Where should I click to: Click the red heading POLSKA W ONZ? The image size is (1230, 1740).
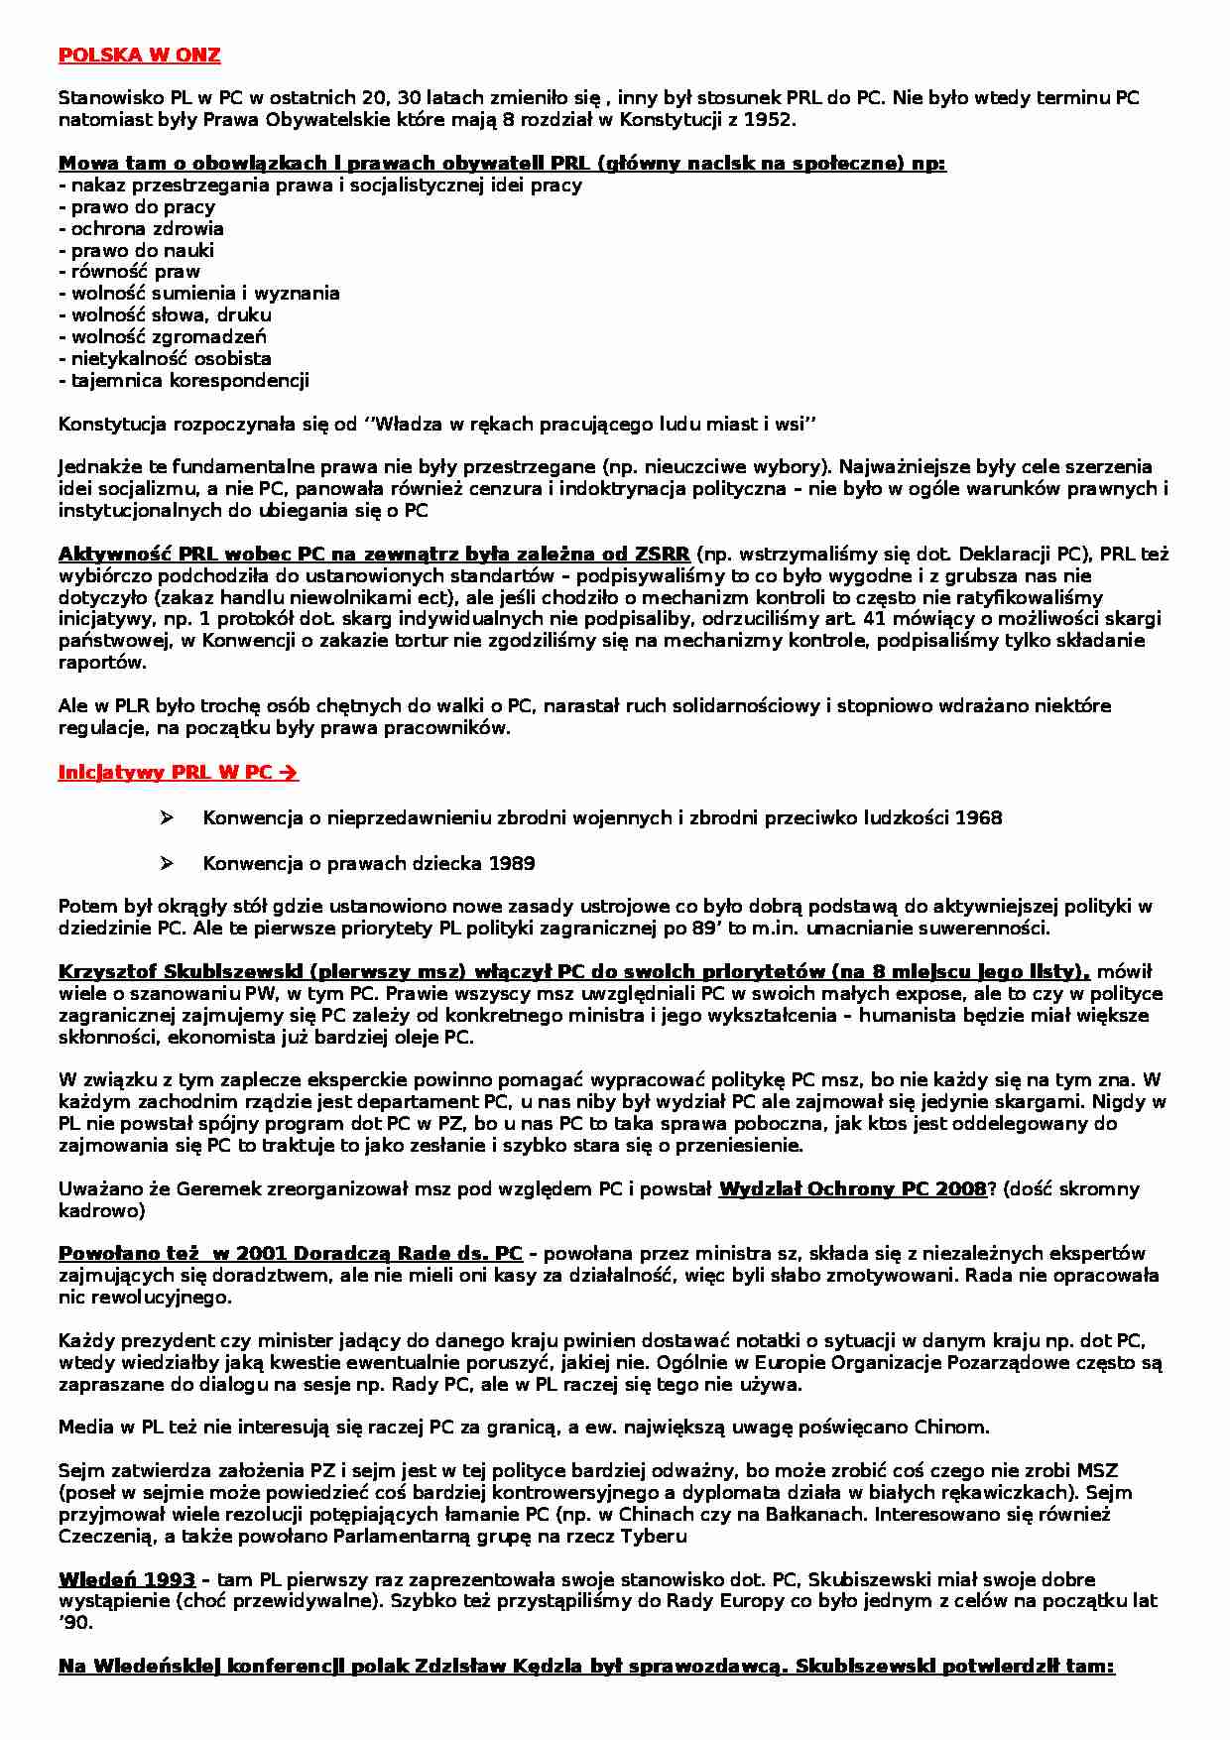(139, 57)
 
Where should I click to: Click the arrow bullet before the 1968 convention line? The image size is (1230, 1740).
(166, 817)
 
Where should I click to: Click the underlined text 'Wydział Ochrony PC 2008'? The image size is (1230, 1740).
(852, 1188)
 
